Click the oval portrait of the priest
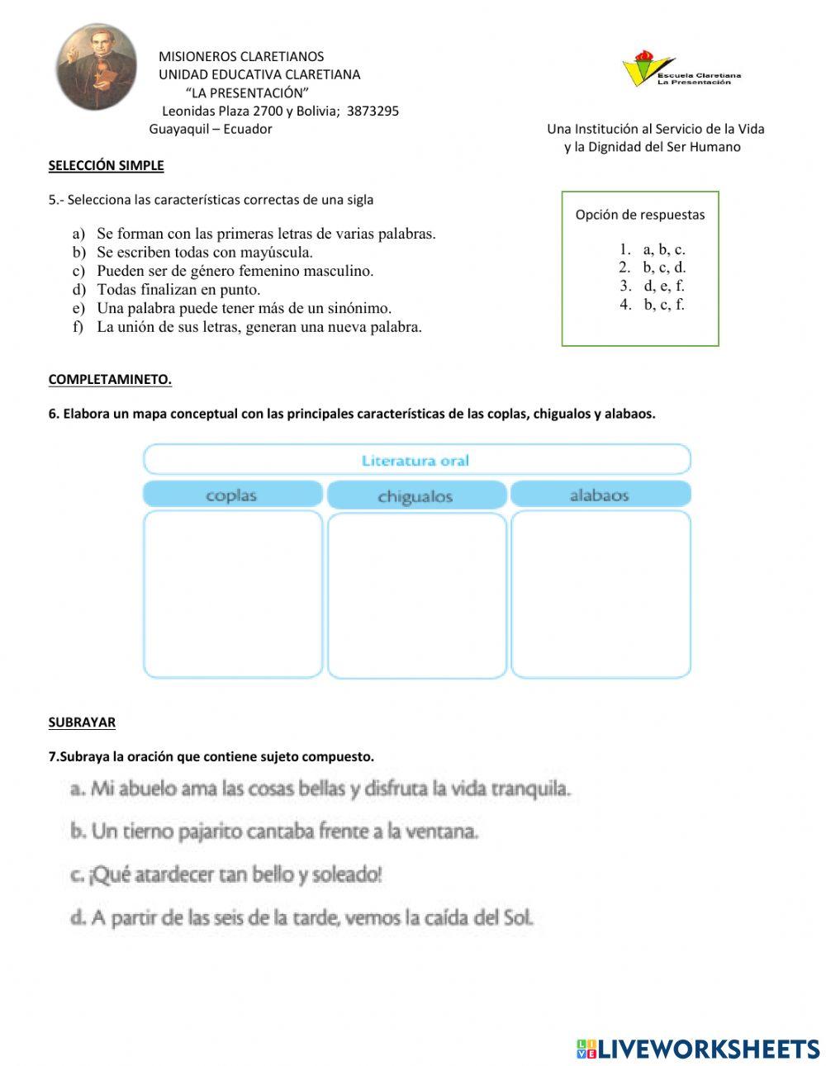tap(97, 67)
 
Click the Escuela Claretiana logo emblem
tap(638, 69)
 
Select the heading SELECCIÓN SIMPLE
tap(106, 165)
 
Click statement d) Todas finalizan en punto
tap(178, 289)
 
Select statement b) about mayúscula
tap(204, 252)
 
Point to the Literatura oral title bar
tap(416, 460)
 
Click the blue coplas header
tap(232, 495)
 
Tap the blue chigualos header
tap(415, 496)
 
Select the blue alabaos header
tap(600, 495)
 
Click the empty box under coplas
tap(232, 595)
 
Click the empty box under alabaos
tap(600, 595)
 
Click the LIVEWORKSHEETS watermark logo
tap(698, 1048)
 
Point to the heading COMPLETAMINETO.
tap(110, 380)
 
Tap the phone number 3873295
tap(373, 111)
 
